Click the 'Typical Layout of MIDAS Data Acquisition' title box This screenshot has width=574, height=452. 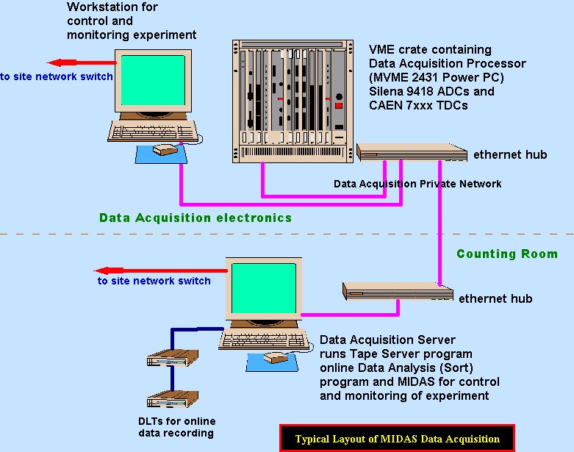point(397,439)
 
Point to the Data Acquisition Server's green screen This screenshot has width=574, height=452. point(262,288)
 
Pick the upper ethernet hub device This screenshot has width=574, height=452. point(412,152)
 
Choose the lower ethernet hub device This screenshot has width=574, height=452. point(398,292)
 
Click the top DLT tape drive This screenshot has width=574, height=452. point(167,359)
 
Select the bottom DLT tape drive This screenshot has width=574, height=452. point(167,401)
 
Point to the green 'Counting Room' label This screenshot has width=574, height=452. point(507,254)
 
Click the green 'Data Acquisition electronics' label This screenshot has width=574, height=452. point(195,218)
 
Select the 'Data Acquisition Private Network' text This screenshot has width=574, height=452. point(417,184)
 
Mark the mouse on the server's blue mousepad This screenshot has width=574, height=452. point(275,358)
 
